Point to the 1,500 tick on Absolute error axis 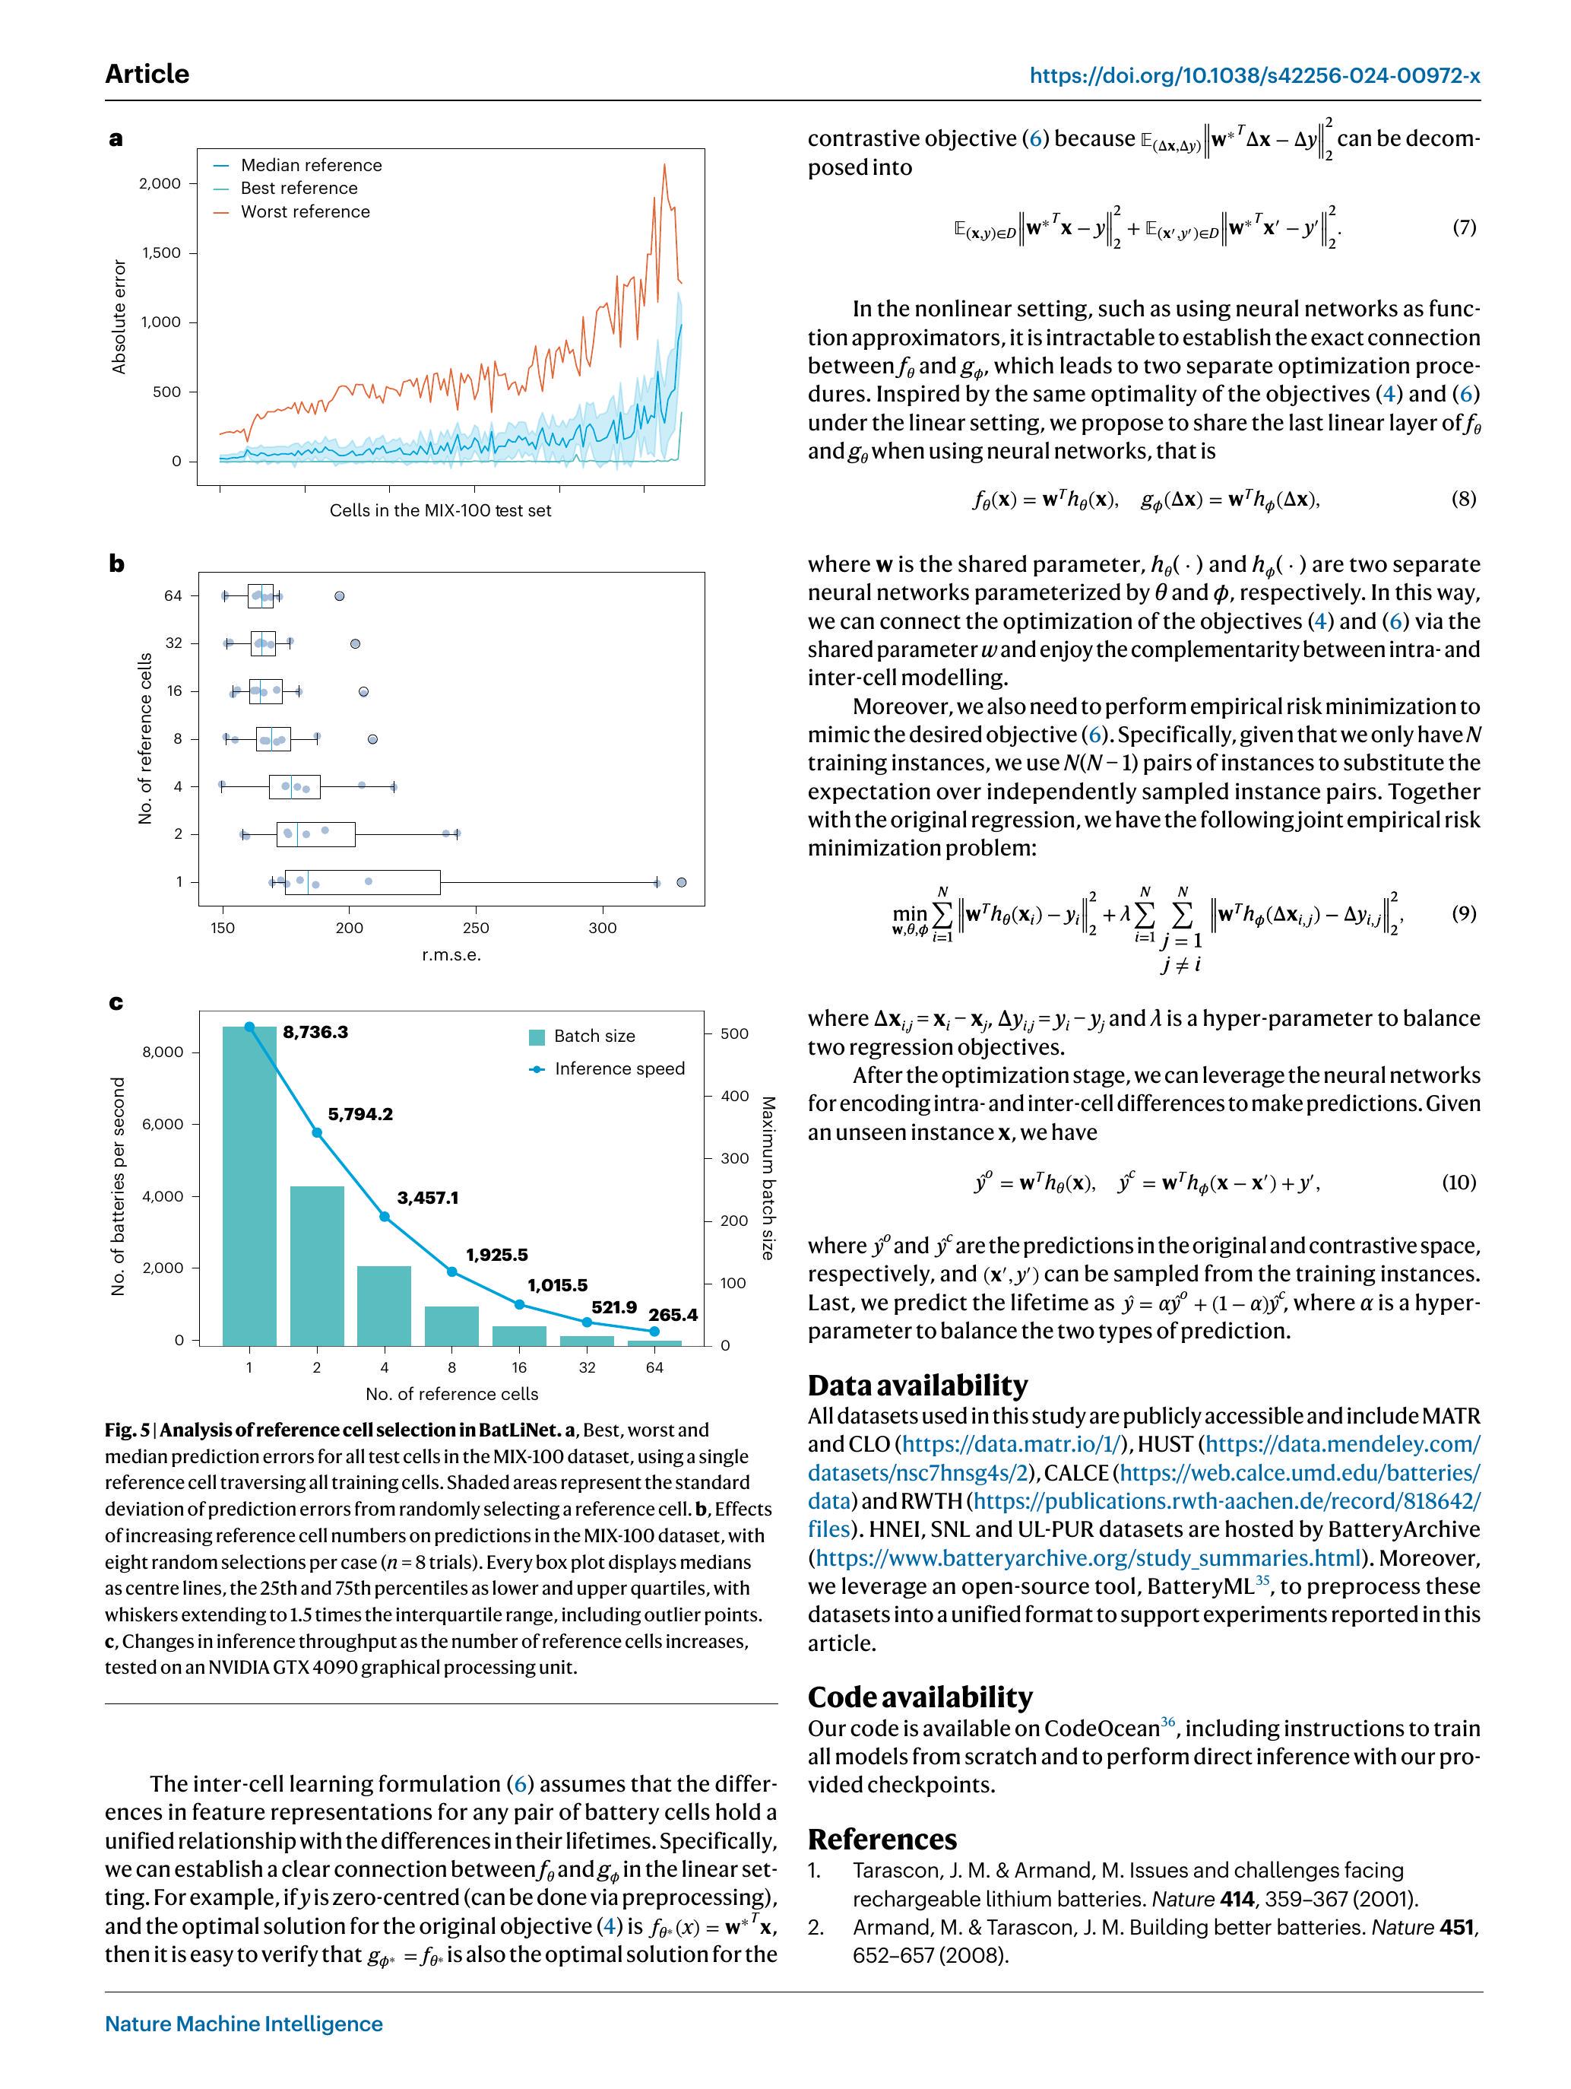pyautogui.click(x=160, y=253)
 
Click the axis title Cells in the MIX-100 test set pyautogui.click(x=440, y=510)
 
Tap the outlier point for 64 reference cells pyautogui.click(x=340, y=596)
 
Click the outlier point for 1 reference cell pyautogui.click(x=682, y=882)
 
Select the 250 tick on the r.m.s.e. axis pyautogui.click(x=476, y=929)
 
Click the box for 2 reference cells pyautogui.click(x=315, y=834)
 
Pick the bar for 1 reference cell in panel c pyautogui.click(x=249, y=1186)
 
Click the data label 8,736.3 pyautogui.click(x=315, y=1032)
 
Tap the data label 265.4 pyautogui.click(x=672, y=1315)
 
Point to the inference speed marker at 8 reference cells pyautogui.click(x=451, y=1272)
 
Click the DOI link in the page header pyautogui.click(x=1254, y=75)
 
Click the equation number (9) pyautogui.click(x=1462, y=913)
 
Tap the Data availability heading pyautogui.click(x=917, y=1385)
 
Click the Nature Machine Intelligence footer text pyautogui.click(x=243, y=2023)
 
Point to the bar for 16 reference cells pyautogui.click(x=519, y=1335)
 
